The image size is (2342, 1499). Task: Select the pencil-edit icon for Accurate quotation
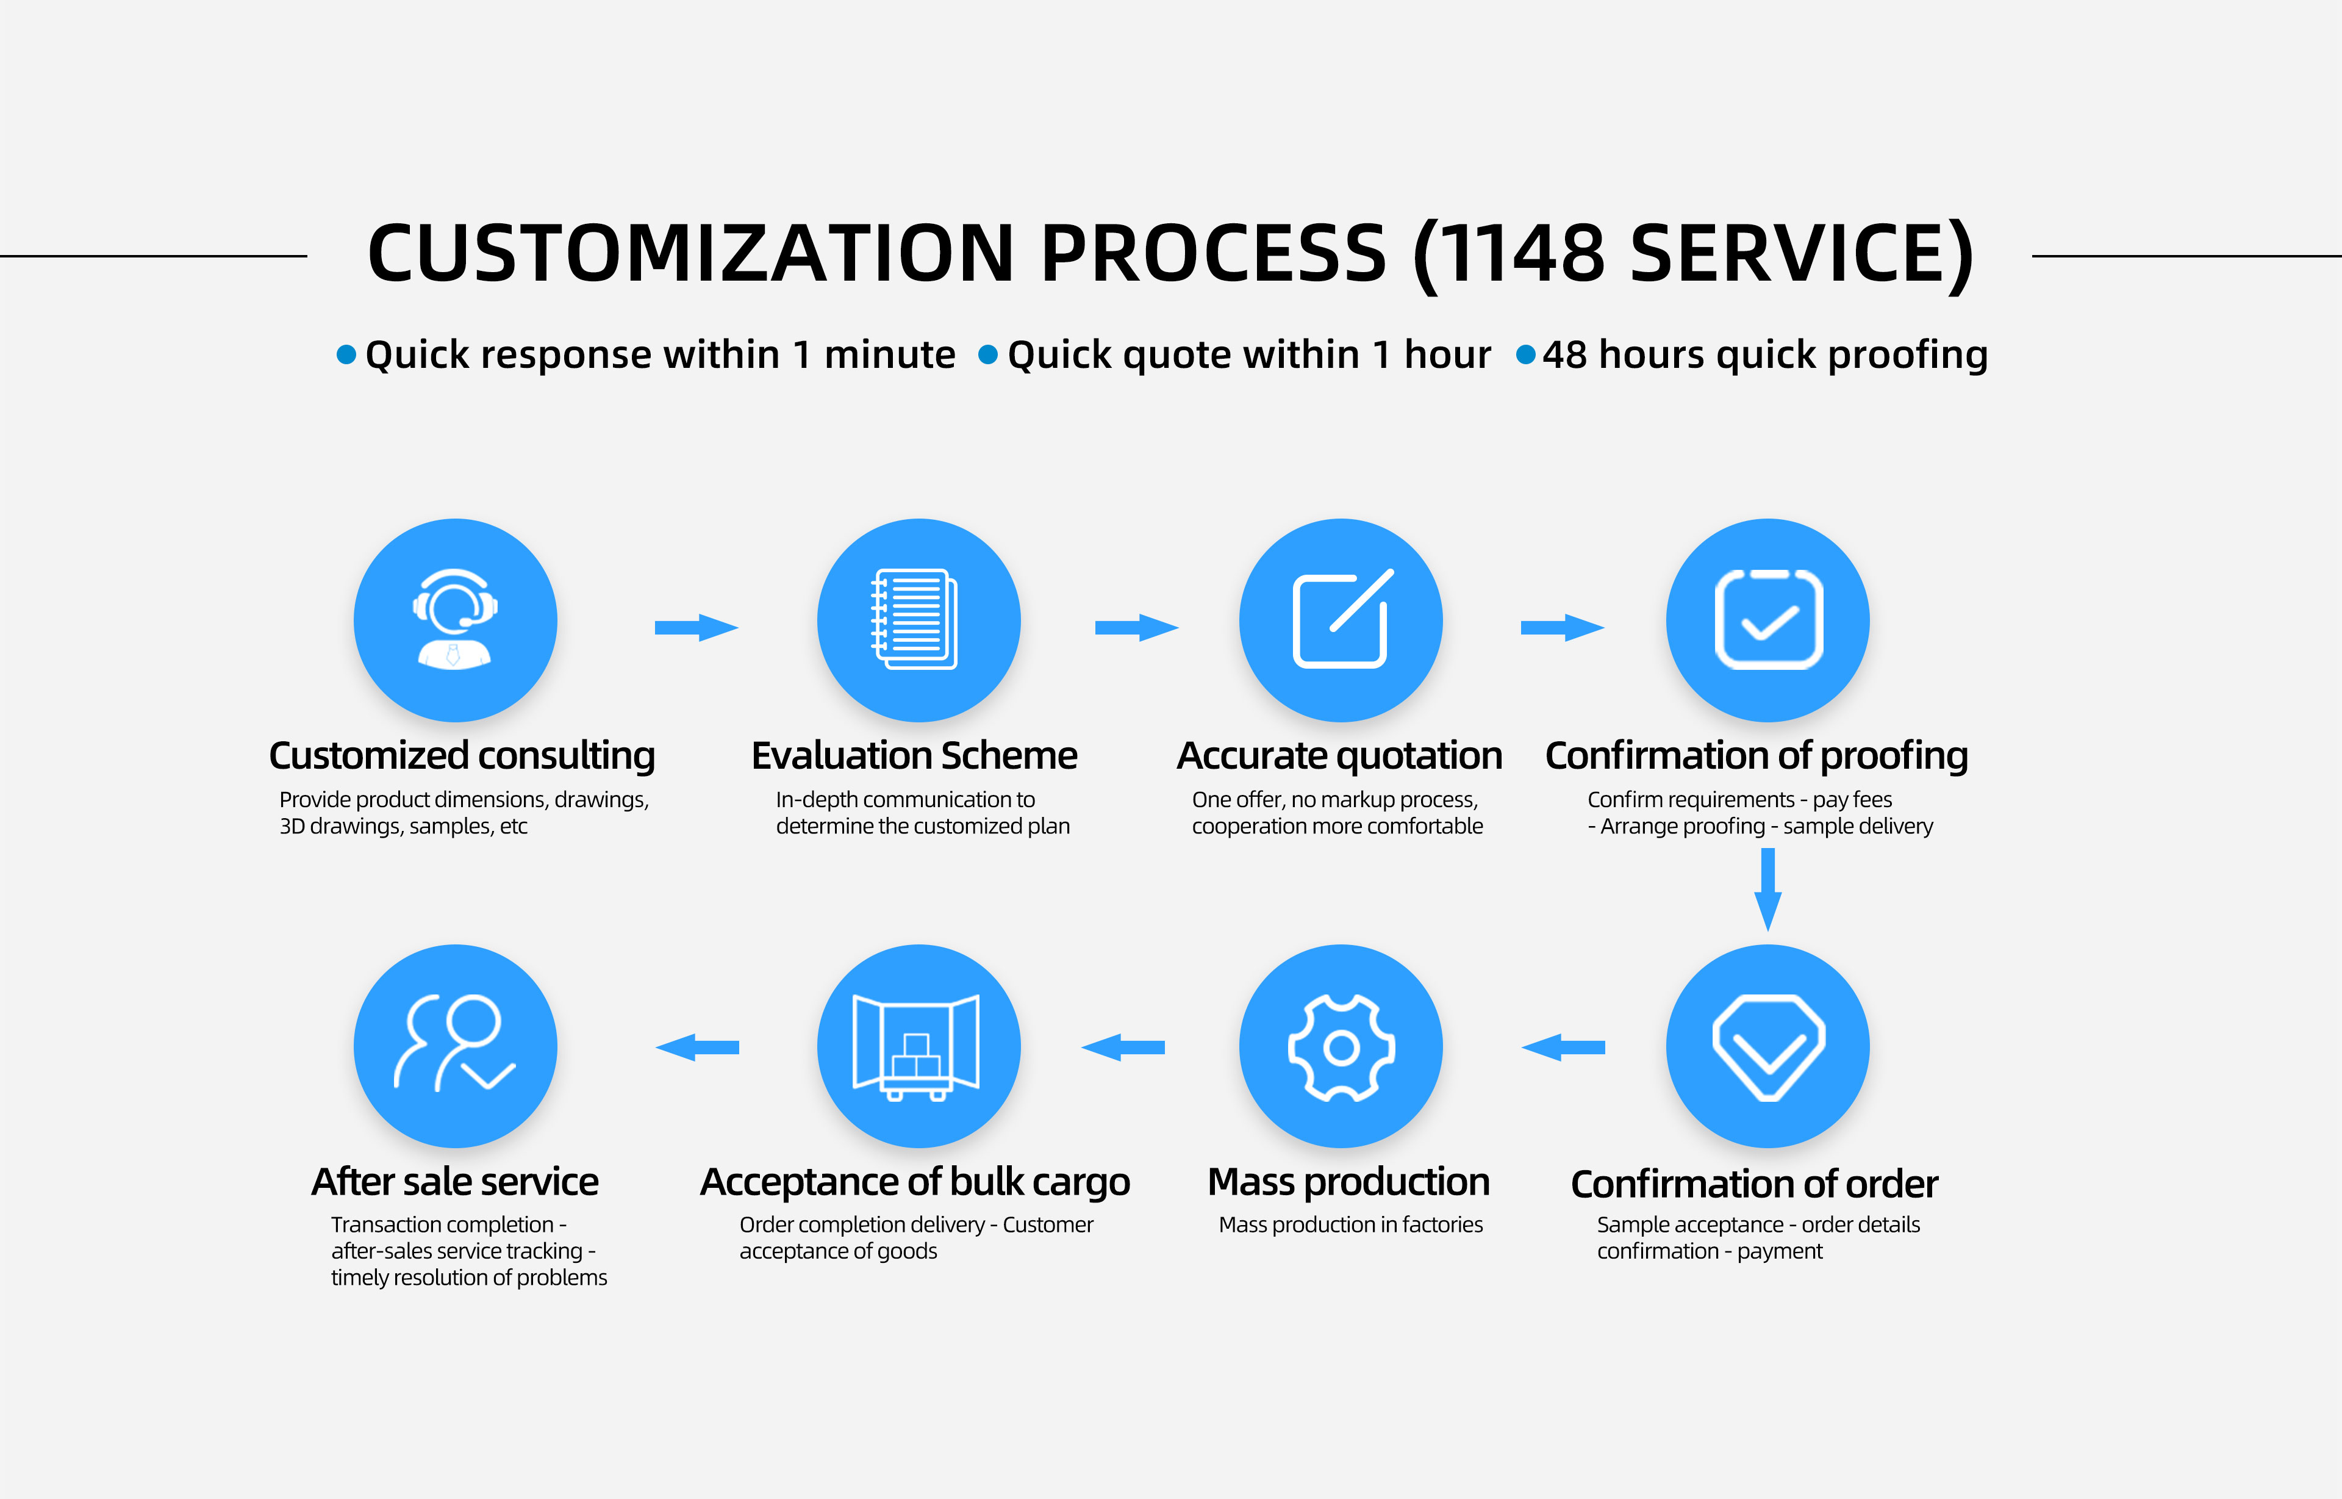pyautogui.click(x=1341, y=619)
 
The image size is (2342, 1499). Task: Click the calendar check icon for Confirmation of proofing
pyautogui.click(x=1768, y=619)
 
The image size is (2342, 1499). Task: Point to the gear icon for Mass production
pyautogui.click(x=1341, y=1046)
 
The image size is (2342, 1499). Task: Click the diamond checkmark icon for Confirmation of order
pyautogui.click(x=1768, y=1046)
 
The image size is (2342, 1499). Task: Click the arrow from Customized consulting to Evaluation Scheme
pyautogui.click(x=696, y=628)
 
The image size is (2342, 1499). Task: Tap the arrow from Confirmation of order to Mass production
pyautogui.click(x=1563, y=1048)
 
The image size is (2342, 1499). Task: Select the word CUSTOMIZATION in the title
pyautogui.click(x=692, y=253)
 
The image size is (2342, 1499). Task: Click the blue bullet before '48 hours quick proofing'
pyautogui.click(x=1526, y=354)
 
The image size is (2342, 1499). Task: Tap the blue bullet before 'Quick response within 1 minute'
pyautogui.click(x=345, y=354)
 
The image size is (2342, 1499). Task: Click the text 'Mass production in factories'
pyautogui.click(x=1350, y=1224)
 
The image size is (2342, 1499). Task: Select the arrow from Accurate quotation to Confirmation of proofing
pyautogui.click(x=1562, y=628)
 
